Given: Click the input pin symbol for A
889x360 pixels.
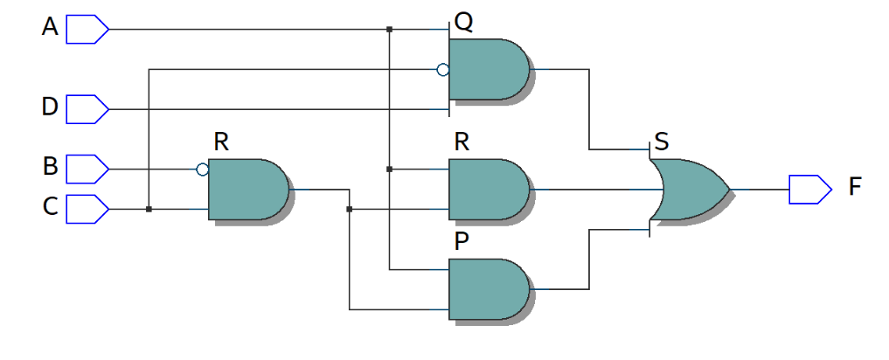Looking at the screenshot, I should [x=87, y=29].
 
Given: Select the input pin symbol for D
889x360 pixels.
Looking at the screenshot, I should [x=87, y=109].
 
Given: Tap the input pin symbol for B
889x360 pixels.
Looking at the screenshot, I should [x=87, y=166].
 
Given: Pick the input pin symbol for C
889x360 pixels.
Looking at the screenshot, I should [x=87, y=209].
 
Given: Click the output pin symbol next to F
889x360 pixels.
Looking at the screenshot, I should [x=809, y=189].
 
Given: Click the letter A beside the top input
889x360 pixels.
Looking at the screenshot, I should [x=50, y=28].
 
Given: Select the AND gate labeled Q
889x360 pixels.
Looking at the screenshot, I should [x=488, y=69].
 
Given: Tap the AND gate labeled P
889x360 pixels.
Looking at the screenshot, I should [x=488, y=289].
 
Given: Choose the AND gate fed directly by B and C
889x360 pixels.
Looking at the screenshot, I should [x=248, y=189].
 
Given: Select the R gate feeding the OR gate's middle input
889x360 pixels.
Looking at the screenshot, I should [x=488, y=189].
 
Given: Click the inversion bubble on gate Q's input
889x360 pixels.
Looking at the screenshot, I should [x=443, y=69].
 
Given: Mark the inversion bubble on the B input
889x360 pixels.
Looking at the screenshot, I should [x=203, y=169].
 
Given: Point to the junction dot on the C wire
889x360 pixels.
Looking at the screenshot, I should [x=149, y=209].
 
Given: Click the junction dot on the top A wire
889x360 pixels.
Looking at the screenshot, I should [x=389, y=30].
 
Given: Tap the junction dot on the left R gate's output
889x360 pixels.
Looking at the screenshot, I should [x=349, y=209].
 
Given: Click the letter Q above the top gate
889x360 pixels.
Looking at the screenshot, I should [x=463, y=23].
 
